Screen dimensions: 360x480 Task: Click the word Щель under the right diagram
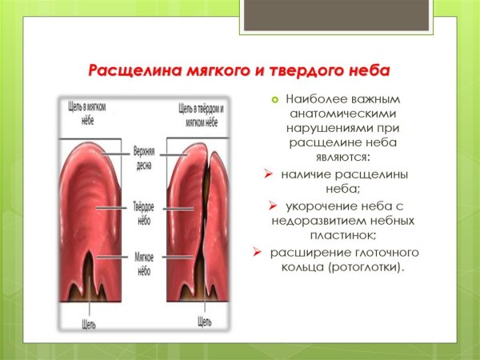pyautogui.click(x=205, y=323)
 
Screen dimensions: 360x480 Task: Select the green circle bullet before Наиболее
pyautogui.click(x=273, y=99)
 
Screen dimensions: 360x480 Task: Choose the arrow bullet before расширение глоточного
pyautogui.click(x=258, y=252)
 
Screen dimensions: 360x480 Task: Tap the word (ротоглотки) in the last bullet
pyautogui.click(x=364, y=266)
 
